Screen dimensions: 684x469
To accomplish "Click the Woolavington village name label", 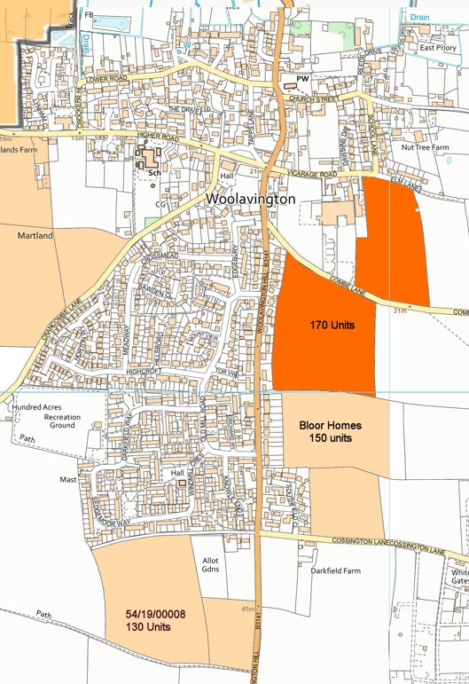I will point(250,200).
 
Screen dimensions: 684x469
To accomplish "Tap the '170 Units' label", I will point(332,326).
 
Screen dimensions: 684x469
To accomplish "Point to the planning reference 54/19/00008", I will point(156,614).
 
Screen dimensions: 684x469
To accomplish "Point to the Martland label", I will point(35,236).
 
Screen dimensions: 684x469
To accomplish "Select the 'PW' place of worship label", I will point(302,79).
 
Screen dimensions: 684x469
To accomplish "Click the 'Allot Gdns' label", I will point(210,564).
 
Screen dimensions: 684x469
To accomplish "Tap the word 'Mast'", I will point(68,479).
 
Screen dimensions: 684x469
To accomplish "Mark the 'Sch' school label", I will point(152,171).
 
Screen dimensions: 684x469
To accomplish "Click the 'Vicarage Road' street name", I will point(313,175).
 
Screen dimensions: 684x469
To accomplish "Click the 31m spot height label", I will point(400,311).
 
